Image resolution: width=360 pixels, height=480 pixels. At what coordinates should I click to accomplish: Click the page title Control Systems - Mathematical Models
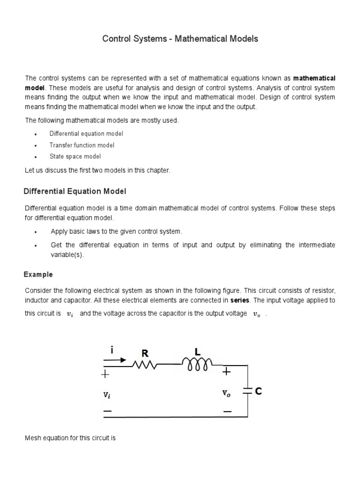click(x=180, y=39)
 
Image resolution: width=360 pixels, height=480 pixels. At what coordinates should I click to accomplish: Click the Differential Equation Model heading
click(x=75, y=191)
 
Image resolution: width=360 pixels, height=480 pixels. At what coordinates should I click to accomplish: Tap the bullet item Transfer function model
click(x=82, y=145)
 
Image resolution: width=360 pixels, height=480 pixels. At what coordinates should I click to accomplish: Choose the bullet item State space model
click(x=75, y=157)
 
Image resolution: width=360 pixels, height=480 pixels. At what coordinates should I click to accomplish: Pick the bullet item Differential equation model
click(x=86, y=134)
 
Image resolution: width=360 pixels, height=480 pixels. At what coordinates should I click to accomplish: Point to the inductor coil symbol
click(x=196, y=364)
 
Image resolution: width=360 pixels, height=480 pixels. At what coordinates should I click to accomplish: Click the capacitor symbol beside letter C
click(x=247, y=390)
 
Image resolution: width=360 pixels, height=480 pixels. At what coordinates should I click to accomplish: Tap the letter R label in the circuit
click(x=144, y=352)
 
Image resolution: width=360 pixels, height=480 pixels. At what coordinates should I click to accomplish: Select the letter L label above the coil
click(x=197, y=351)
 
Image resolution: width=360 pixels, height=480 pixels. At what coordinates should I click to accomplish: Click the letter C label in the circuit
click(x=258, y=391)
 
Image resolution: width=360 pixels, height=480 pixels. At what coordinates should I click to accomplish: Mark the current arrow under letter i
click(x=115, y=360)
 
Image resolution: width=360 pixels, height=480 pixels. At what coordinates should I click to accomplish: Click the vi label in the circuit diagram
click(x=107, y=395)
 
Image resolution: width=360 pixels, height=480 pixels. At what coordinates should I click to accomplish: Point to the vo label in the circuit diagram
click(x=226, y=394)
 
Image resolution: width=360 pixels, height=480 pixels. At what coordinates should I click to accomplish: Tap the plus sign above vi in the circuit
click(x=105, y=374)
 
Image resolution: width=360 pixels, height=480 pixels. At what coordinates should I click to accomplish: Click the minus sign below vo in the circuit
click(x=227, y=412)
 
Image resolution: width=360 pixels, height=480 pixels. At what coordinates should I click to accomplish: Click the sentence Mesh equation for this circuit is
click(x=70, y=438)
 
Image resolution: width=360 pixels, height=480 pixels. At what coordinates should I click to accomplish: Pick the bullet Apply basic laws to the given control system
click(x=116, y=232)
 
